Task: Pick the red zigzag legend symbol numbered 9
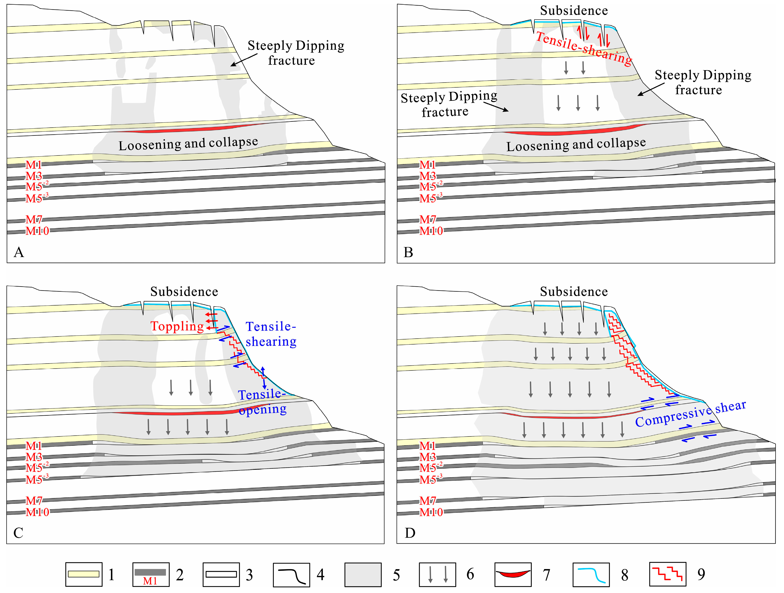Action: pos(667,574)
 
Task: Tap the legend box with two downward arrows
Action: pos(437,574)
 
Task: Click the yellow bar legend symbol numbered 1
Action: pos(84,574)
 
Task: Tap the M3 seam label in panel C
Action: pos(34,457)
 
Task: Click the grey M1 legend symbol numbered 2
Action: pos(151,574)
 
